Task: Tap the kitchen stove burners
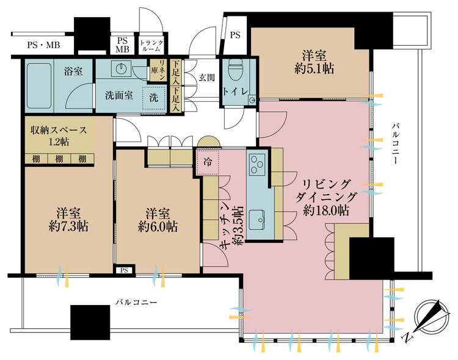coord(255,163)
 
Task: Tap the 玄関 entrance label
coord(206,77)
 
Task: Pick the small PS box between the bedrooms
coord(125,270)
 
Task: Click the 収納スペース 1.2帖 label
coord(59,135)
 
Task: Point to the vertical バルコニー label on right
coord(395,144)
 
